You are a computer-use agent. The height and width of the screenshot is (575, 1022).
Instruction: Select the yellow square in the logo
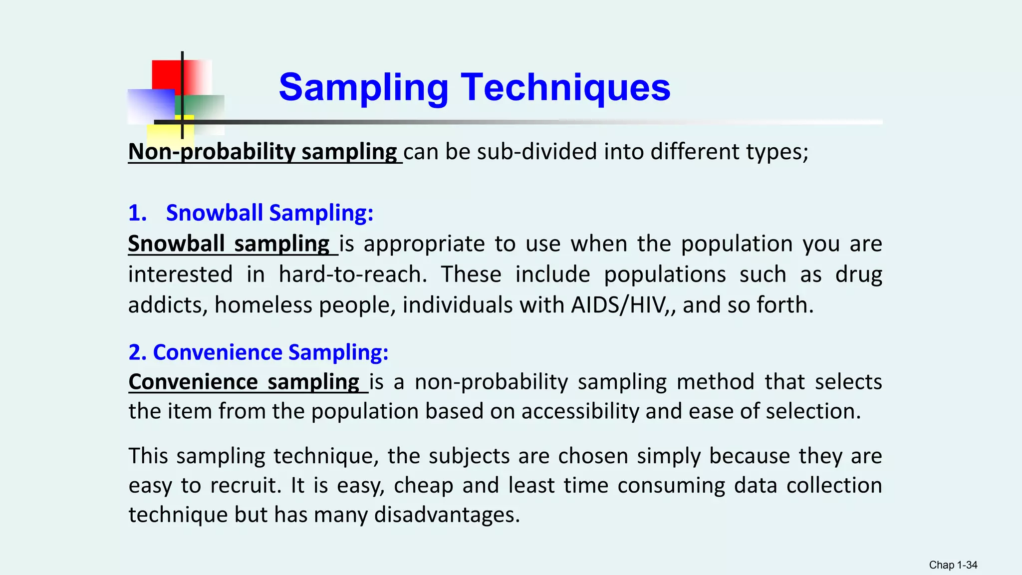pyautogui.click(x=162, y=133)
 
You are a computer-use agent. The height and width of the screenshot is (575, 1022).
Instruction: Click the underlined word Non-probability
pyautogui.click(x=212, y=152)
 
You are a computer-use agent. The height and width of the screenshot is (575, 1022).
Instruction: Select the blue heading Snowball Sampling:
pyautogui.click(x=269, y=213)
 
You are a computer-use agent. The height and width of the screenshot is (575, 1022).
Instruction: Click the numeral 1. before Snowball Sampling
pyautogui.click(x=137, y=213)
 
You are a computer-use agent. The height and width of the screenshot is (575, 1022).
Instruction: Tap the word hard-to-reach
pyautogui.click(x=352, y=275)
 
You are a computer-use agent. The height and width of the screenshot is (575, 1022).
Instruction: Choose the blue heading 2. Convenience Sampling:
pyautogui.click(x=258, y=352)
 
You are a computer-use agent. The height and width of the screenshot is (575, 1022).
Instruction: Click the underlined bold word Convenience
pyautogui.click(x=193, y=382)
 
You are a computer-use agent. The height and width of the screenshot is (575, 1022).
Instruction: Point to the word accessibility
pyautogui.click(x=580, y=412)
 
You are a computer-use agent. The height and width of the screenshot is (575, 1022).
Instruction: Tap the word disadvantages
pyautogui.click(x=447, y=515)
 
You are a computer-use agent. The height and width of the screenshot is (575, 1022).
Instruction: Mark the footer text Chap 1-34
pyautogui.click(x=953, y=565)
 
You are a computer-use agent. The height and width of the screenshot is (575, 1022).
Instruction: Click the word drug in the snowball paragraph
pyautogui.click(x=858, y=275)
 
